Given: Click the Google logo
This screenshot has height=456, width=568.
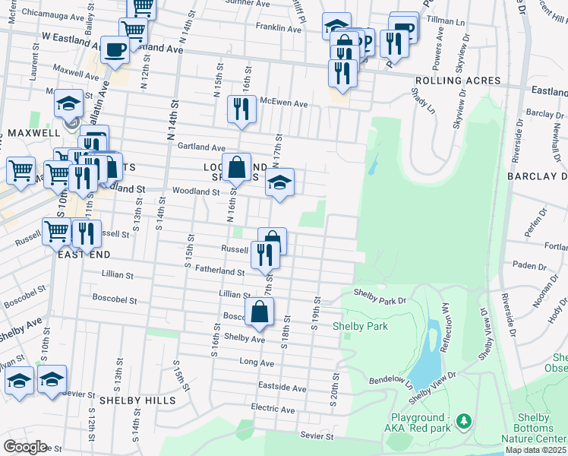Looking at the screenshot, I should point(25,447).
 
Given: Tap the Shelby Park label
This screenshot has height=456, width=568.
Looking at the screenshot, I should point(361,327).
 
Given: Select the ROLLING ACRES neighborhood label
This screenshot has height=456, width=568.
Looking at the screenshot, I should point(457,81).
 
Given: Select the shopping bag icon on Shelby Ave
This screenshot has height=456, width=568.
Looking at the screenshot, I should point(260,311).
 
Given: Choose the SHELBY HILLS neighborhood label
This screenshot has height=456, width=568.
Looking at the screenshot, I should point(137,400).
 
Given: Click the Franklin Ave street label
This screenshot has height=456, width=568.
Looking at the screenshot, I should point(279,28).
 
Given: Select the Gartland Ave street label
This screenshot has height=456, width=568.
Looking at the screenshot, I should point(201,147).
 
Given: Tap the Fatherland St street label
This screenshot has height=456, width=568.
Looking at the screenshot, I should point(219,271).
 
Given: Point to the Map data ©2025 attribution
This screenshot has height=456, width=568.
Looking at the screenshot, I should point(536,450).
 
